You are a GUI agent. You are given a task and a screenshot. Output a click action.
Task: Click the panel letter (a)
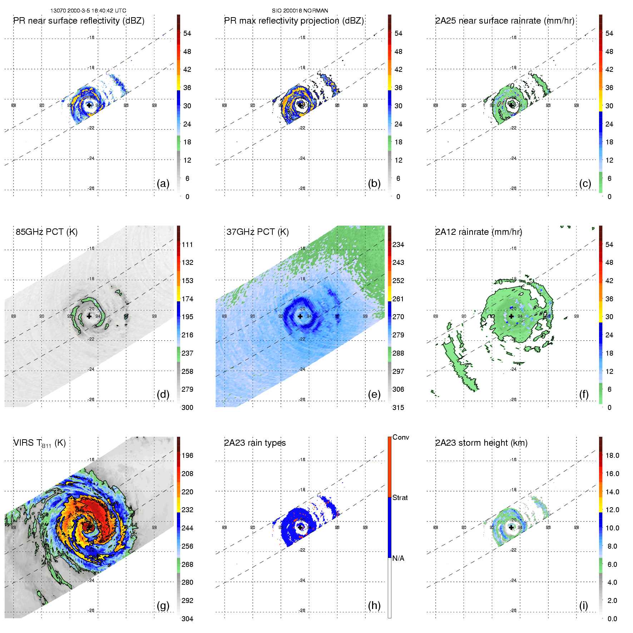163,184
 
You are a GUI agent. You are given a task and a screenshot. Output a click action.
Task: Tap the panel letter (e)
374,395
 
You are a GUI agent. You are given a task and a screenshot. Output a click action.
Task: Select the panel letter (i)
583,605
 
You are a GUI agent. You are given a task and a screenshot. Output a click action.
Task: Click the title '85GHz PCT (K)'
46,232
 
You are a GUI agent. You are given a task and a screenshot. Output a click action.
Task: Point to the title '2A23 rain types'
255,443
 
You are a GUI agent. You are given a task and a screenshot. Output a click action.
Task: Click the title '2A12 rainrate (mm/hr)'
479,232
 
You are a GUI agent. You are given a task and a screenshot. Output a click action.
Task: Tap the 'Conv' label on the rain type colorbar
401,437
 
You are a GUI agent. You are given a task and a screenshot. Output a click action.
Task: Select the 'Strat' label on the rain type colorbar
400,498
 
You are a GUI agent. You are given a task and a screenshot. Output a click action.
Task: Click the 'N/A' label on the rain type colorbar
398,558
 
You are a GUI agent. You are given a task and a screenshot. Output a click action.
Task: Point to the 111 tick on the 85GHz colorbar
187,244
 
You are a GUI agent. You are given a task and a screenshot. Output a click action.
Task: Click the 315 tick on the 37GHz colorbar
398,407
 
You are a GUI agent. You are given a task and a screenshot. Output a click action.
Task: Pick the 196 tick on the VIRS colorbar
187,455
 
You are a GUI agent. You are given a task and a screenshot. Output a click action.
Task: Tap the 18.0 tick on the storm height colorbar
612,455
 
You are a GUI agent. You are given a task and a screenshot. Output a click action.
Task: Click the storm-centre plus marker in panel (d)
89,316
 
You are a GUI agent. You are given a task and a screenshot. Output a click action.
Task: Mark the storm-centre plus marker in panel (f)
511,316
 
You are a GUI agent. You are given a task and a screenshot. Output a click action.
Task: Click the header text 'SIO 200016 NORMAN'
300,11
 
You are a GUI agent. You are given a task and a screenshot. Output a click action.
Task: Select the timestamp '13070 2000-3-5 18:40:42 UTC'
88,11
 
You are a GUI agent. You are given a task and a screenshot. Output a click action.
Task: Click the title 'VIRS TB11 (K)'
40,443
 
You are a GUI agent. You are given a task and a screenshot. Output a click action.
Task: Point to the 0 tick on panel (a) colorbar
187,197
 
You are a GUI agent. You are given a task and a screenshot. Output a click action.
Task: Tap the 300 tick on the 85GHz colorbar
187,407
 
